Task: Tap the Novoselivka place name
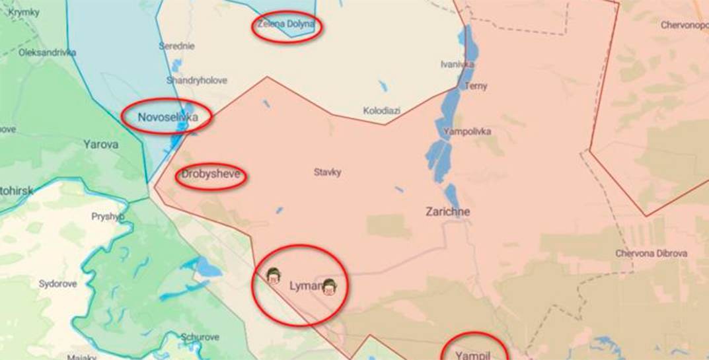[x=167, y=118]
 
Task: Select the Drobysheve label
[x=211, y=176]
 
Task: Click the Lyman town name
[x=305, y=286]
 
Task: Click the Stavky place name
[x=327, y=172]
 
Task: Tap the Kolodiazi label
[x=381, y=110]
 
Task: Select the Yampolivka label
[x=467, y=131]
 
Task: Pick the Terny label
[x=476, y=86]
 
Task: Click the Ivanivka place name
[x=457, y=64]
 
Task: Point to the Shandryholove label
[x=196, y=80]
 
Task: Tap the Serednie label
[x=176, y=46]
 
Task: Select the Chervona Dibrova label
[x=651, y=253]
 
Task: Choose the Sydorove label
[x=57, y=284]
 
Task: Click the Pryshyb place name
[x=108, y=216]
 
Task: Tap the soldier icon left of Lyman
[x=272, y=275]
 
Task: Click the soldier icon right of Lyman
[x=329, y=287]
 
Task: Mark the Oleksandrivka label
[x=47, y=52]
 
